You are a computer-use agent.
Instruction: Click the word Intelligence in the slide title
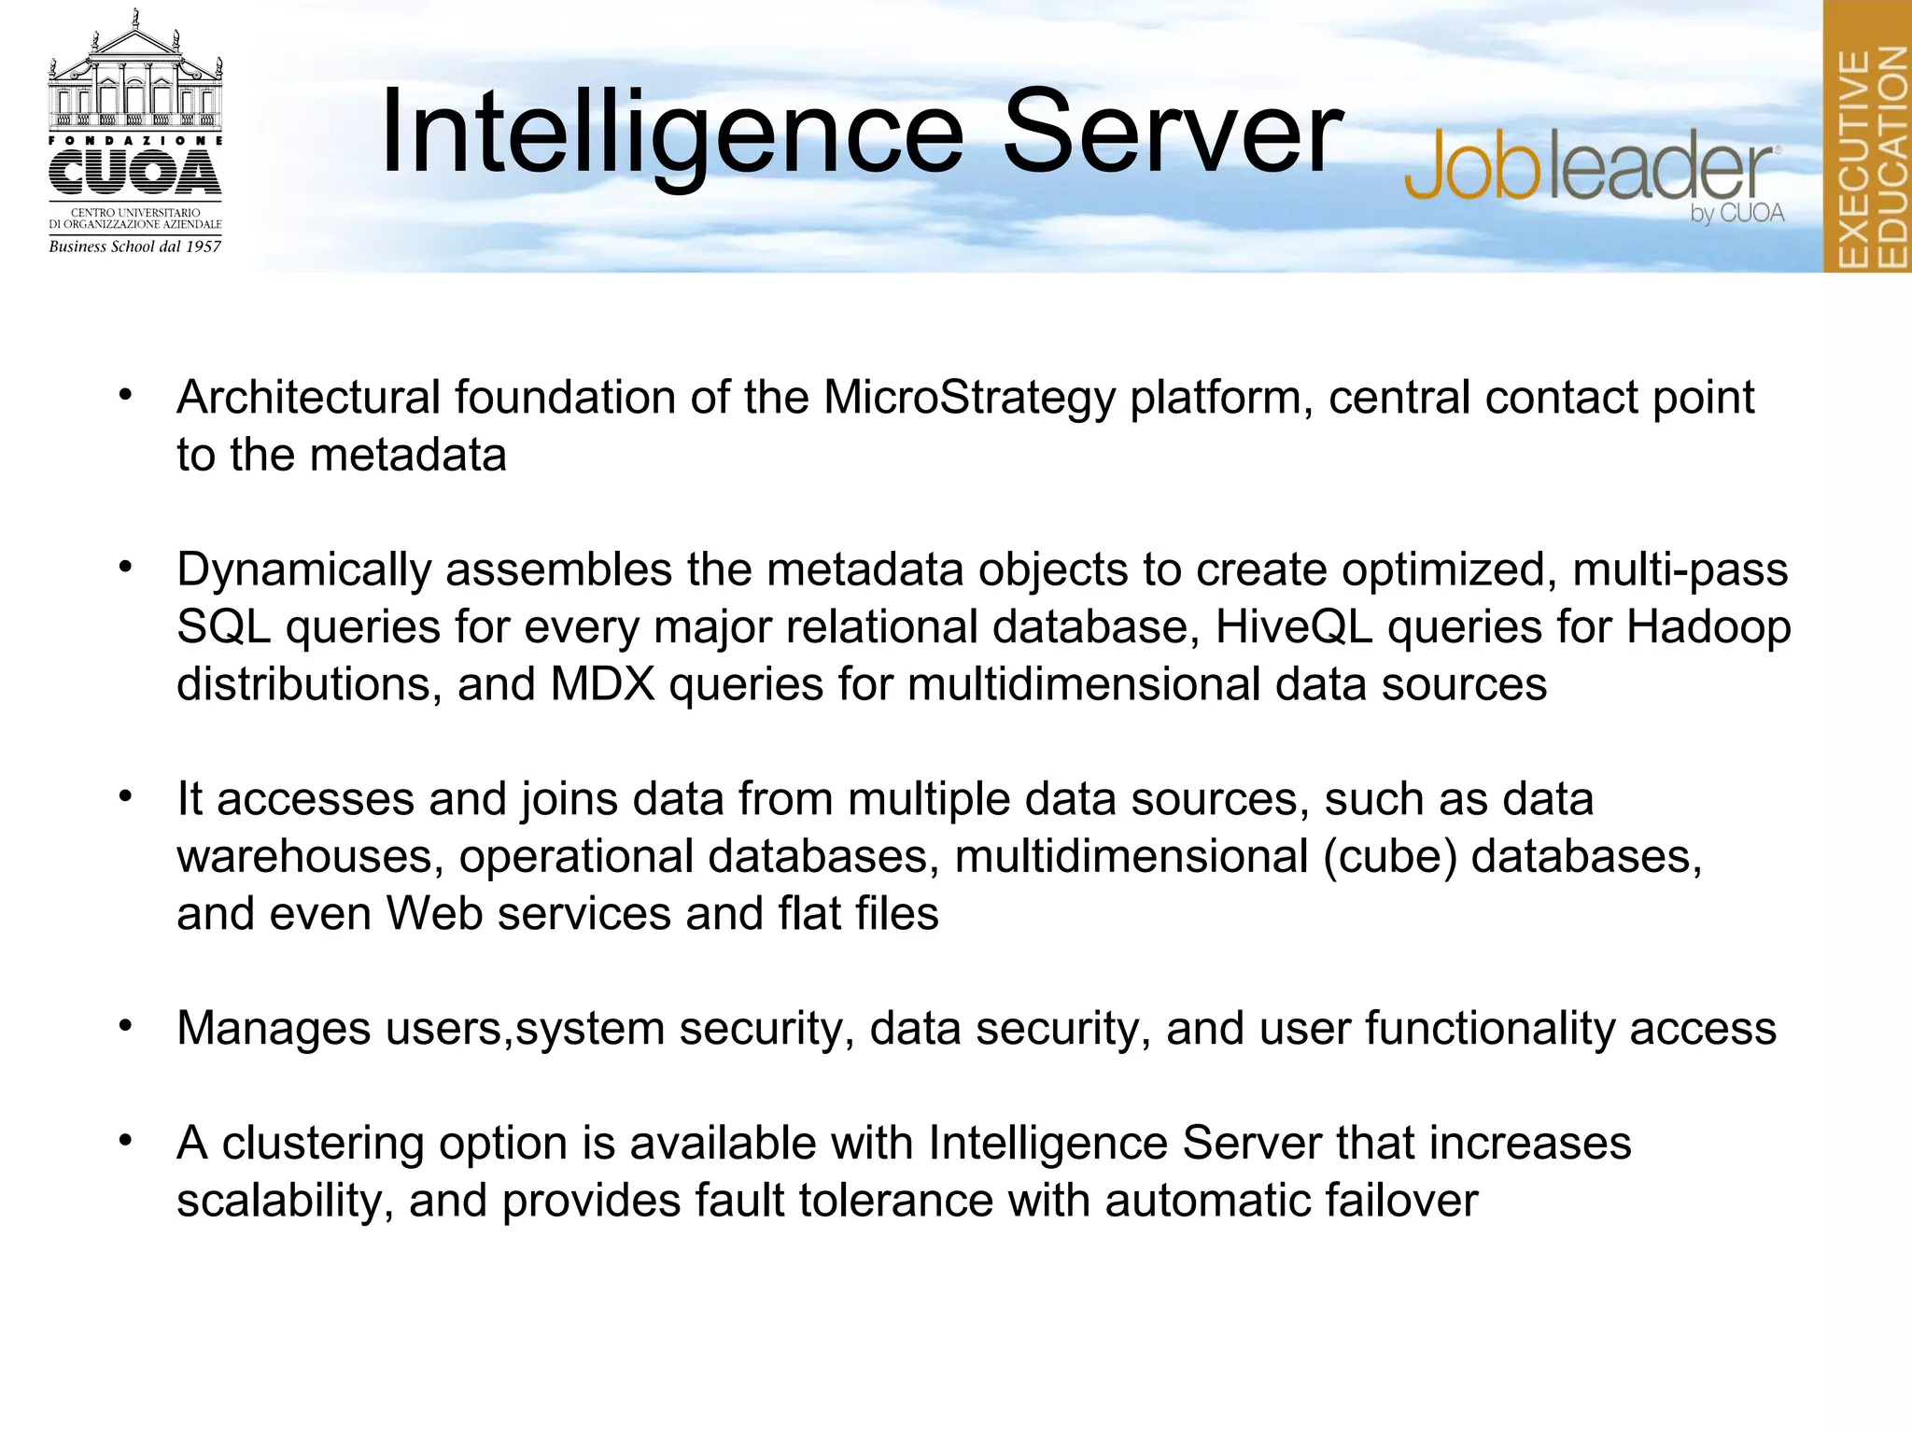coord(671,133)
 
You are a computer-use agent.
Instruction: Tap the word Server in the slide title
coord(1173,133)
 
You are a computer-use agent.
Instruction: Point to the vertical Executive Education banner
coord(1868,136)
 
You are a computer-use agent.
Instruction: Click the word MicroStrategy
coord(969,399)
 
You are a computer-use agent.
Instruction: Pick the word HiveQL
coord(1293,627)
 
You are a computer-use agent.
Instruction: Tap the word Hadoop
coord(1708,627)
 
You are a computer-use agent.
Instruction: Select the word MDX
coord(602,684)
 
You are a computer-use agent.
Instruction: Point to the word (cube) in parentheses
coord(1389,857)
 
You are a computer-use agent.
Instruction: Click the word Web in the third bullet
coord(434,914)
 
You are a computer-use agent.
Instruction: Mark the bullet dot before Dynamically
coord(125,568)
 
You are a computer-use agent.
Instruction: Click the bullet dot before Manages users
coord(125,1026)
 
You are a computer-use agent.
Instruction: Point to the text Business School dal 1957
coord(135,246)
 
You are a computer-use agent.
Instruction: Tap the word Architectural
coord(308,399)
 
